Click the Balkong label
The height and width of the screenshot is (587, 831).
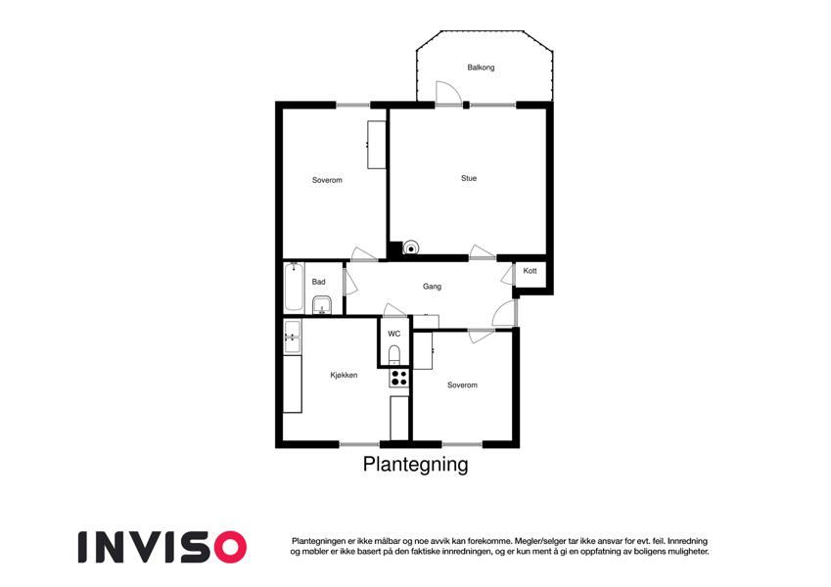point(481,68)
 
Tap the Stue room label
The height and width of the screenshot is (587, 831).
point(469,178)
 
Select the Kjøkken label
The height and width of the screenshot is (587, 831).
point(344,375)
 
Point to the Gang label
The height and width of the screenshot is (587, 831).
point(432,287)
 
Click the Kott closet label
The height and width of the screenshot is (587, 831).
point(530,271)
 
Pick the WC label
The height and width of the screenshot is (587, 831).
point(393,334)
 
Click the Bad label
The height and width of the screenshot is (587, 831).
point(318,282)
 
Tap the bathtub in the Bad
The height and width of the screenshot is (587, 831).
point(295,287)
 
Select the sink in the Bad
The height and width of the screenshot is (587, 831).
point(322,305)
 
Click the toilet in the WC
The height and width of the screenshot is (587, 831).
point(393,355)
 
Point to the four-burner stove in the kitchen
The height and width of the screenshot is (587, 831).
point(398,379)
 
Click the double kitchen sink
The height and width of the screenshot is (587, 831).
point(293,337)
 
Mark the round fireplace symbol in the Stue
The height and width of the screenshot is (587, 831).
point(411,248)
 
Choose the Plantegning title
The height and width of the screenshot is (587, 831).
point(415,465)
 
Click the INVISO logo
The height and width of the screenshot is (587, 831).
point(162,547)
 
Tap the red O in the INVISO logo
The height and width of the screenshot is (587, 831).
point(230,547)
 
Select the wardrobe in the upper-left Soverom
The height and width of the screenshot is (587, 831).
point(377,145)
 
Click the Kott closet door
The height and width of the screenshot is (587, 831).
point(508,275)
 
